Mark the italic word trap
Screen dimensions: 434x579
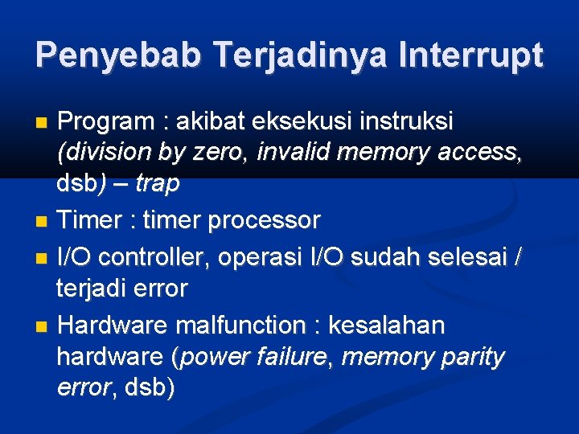[157, 184]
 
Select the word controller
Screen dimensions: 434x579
[143, 257]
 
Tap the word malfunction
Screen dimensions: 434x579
[240, 325]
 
